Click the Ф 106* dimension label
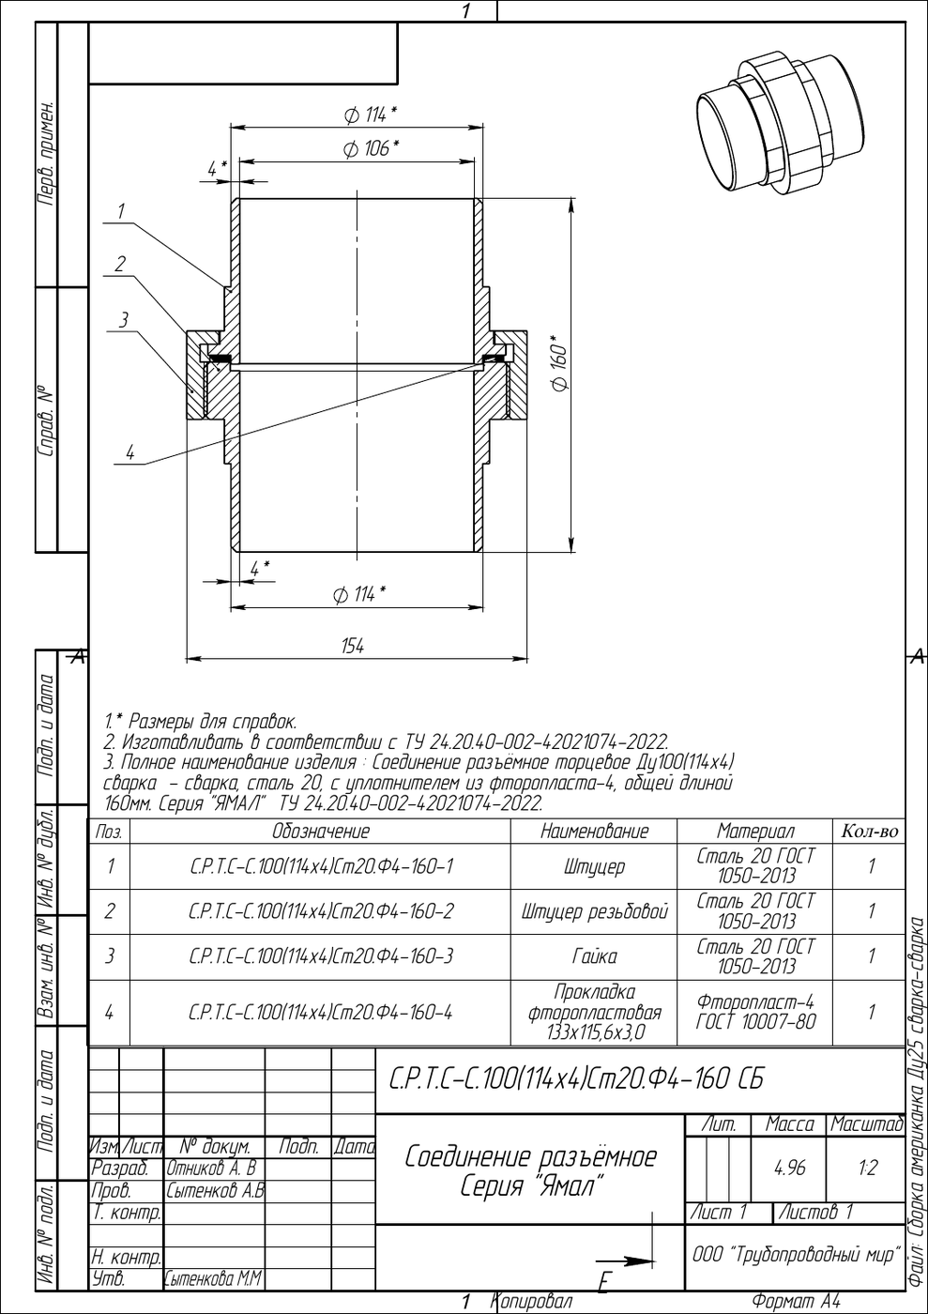click(x=371, y=148)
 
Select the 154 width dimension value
click(x=353, y=646)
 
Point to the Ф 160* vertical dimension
click(x=558, y=364)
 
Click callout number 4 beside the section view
click(x=130, y=452)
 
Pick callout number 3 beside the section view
click(x=124, y=320)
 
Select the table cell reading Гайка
click(x=594, y=956)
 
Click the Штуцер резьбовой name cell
click(x=594, y=911)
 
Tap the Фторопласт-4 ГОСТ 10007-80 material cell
click(x=755, y=1012)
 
